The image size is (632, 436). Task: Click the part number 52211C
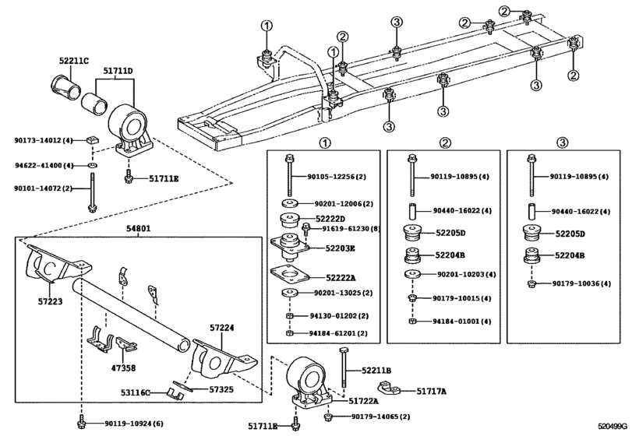(74, 60)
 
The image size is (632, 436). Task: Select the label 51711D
(119, 71)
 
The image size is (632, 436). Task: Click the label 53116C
(133, 393)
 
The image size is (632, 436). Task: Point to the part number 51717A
(431, 391)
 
